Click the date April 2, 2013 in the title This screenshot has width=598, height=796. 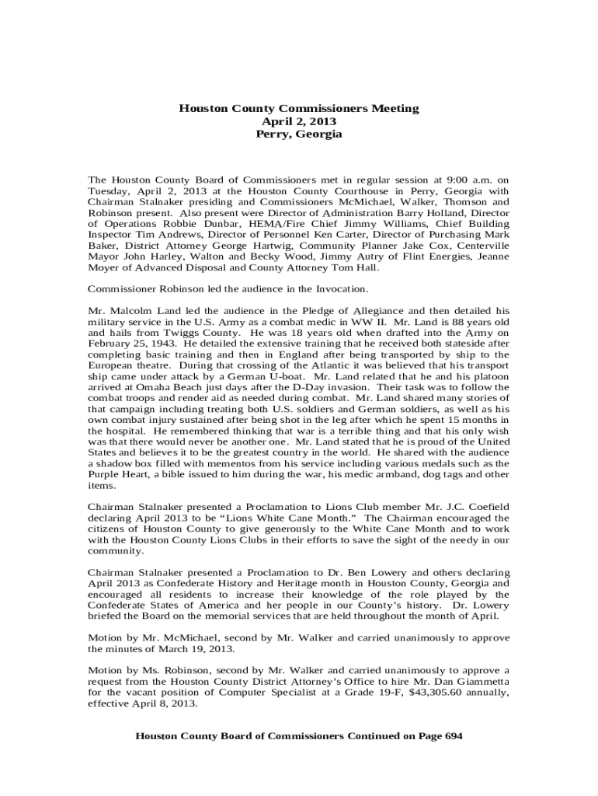click(x=299, y=121)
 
